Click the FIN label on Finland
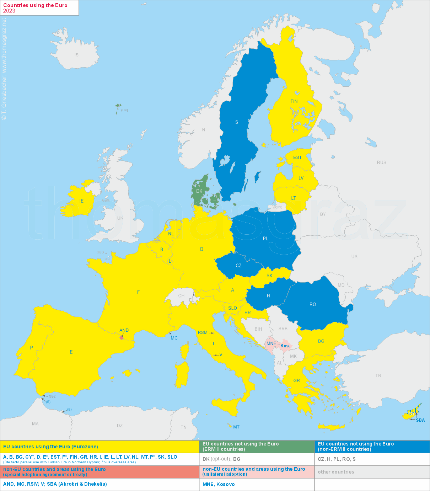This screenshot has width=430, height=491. [x=294, y=101]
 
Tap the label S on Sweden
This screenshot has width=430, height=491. [x=237, y=122]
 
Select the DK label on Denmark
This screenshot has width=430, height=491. [x=199, y=191]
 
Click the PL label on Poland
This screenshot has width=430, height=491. [x=265, y=239]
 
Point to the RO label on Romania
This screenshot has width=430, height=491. [x=313, y=304]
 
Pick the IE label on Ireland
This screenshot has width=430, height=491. [x=81, y=201]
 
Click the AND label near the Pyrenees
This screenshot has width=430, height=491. [x=124, y=330]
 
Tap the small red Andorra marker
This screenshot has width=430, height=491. [x=122, y=337]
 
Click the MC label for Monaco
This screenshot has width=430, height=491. [x=174, y=338]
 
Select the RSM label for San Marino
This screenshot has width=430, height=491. [x=203, y=333]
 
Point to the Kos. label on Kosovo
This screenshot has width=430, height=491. [x=285, y=346]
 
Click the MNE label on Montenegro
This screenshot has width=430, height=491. [x=271, y=343]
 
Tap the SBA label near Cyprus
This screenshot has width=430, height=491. [x=420, y=420]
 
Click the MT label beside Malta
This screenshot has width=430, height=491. [x=236, y=427]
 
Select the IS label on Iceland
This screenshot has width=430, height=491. [x=76, y=55]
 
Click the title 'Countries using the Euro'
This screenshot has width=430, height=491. [x=35, y=5]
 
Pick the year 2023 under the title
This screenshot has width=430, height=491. [x=9, y=11]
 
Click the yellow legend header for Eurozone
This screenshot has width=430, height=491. [x=50, y=447]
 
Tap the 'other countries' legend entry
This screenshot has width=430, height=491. [x=336, y=472]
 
